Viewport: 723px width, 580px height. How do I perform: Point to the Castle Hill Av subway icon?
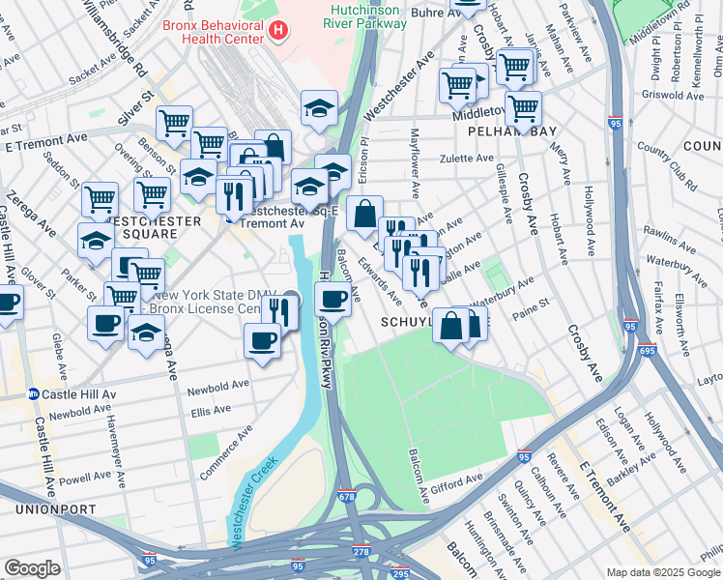[33, 394]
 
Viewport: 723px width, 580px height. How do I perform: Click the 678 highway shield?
[347, 497]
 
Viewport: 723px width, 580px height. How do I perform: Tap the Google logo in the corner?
[32, 568]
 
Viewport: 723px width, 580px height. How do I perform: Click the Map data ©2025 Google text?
[663, 572]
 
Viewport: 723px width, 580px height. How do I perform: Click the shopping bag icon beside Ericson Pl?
[364, 215]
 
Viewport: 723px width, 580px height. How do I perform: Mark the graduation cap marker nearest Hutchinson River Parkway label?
[319, 110]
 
